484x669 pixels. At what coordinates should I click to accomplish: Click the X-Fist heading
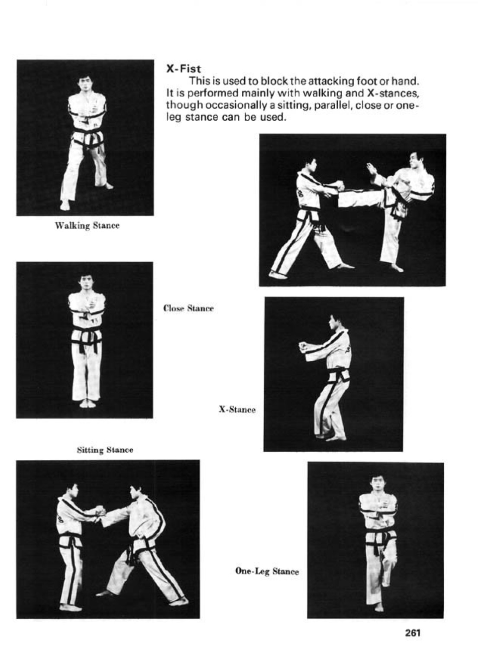tap(183, 69)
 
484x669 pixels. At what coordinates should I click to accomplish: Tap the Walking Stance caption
tap(87, 226)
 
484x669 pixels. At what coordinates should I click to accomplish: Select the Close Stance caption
tap(189, 308)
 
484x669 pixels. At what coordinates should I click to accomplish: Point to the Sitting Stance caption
tap(105, 450)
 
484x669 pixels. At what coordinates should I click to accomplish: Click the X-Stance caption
tap(237, 409)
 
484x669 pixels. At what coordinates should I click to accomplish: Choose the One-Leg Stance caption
tap(267, 571)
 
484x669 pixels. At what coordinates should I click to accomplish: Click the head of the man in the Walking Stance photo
tap(86, 84)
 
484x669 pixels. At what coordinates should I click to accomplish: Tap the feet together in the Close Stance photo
tap(87, 404)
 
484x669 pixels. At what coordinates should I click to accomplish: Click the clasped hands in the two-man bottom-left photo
tap(99, 511)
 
